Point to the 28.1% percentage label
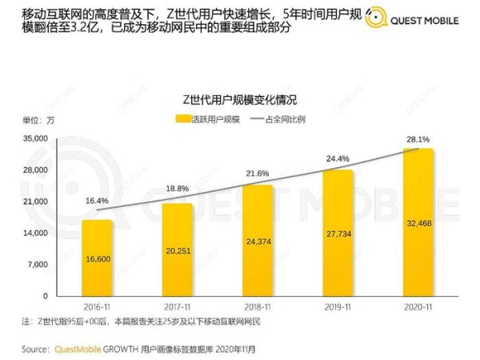click(x=418, y=138)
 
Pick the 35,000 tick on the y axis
click(x=37, y=138)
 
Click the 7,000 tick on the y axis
click(x=39, y=264)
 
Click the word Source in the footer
click(x=34, y=350)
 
